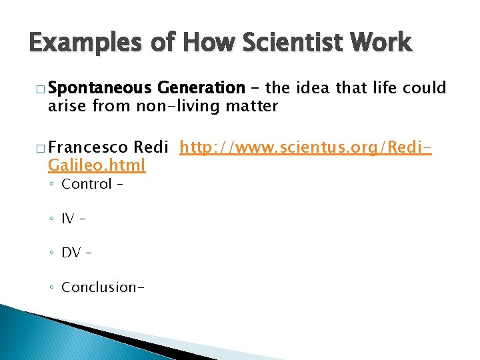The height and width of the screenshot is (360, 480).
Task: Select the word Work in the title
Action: click(x=384, y=44)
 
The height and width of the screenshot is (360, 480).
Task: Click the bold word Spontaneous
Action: click(x=101, y=88)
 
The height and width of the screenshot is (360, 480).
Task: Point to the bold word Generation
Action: click(x=201, y=88)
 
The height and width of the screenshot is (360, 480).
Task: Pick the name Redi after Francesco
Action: click(x=152, y=147)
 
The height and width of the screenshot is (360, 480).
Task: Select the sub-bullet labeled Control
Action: click(x=86, y=184)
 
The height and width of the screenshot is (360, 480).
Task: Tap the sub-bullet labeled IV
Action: click(x=68, y=218)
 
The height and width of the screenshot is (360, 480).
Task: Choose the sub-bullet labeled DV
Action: click(x=71, y=253)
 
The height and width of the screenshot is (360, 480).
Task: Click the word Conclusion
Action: click(x=99, y=287)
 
